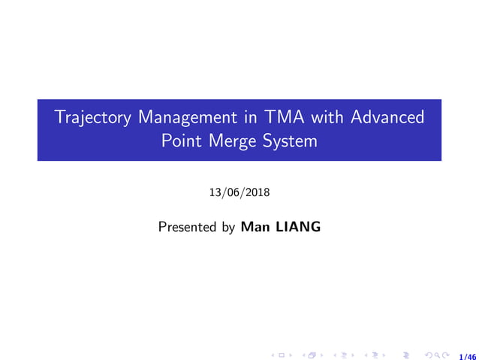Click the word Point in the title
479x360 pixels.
click(181, 141)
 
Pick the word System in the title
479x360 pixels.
click(288, 141)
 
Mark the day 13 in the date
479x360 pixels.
click(215, 193)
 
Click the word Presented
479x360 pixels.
click(186, 226)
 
